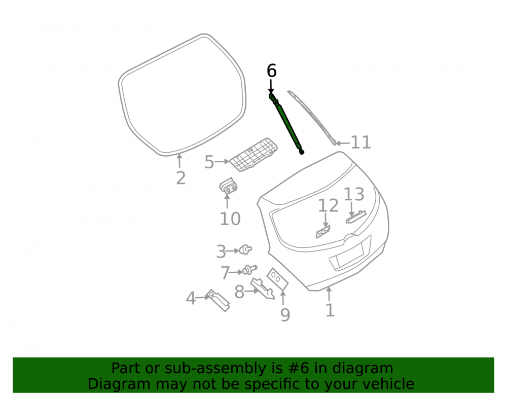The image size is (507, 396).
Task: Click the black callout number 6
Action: [x=272, y=70]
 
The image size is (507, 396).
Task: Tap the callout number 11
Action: [x=361, y=142]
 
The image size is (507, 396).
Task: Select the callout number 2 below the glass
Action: [x=181, y=178]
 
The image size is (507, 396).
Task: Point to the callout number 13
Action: [x=354, y=194]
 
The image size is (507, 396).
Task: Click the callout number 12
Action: [x=328, y=205]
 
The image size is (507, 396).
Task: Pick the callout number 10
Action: [x=230, y=219]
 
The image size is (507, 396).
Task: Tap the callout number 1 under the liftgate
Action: [x=330, y=310]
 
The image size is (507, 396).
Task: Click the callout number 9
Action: [x=285, y=315]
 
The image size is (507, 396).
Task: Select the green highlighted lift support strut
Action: [x=286, y=123]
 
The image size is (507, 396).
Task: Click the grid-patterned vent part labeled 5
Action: [x=253, y=154]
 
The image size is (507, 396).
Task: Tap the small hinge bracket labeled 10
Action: [x=228, y=187]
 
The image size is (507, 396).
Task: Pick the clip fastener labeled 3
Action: [x=246, y=249]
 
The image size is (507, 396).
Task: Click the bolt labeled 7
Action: [x=249, y=270]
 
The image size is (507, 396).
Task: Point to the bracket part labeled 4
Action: [x=218, y=300]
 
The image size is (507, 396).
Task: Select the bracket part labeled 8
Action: [x=263, y=288]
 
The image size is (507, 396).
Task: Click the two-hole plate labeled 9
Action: [x=277, y=279]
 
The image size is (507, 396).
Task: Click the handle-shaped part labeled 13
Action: [x=356, y=217]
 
